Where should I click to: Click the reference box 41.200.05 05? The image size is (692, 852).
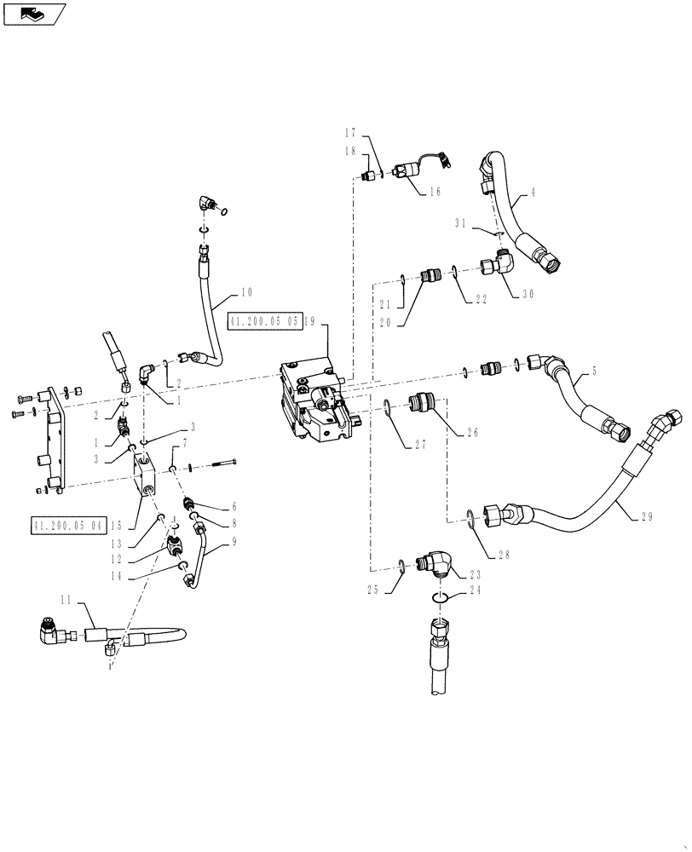click(x=264, y=321)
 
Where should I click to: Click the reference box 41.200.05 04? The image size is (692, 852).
click(x=67, y=526)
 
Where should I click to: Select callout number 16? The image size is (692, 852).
click(x=435, y=193)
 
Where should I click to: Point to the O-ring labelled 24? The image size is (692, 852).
click(x=435, y=602)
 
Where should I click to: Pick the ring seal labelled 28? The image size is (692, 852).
click(x=471, y=515)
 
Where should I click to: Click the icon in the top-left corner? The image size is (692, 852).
click(x=34, y=13)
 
